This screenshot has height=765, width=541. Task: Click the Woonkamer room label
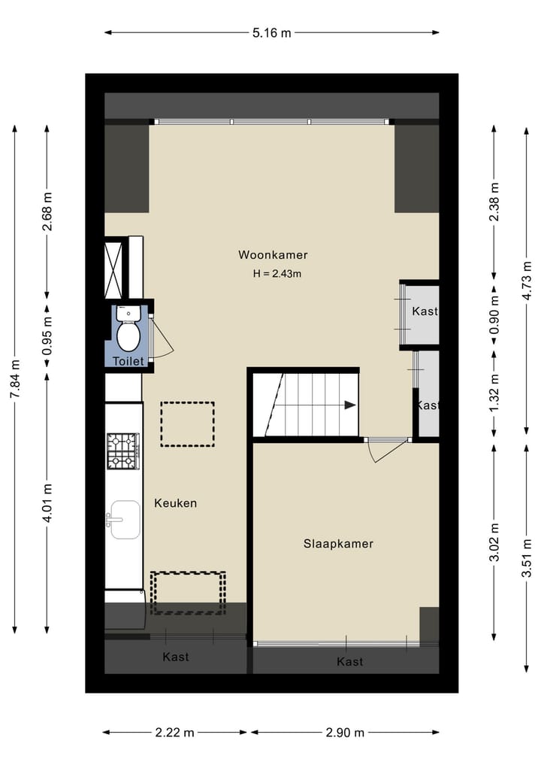click(273, 255)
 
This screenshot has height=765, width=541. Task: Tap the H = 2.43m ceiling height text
click(277, 274)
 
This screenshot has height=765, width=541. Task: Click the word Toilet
click(128, 362)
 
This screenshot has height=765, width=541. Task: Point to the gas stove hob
click(122, 451)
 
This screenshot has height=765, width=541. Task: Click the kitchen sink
click(125, 520)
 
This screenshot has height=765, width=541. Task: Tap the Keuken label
click(176, 502)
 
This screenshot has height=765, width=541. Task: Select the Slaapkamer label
click(338, 543)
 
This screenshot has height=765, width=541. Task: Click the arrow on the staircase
click(349, 405)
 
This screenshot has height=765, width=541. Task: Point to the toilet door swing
click(162, 338)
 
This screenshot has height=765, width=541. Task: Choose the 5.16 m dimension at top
click(271, 32)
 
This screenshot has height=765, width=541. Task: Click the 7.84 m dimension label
click(14, 381)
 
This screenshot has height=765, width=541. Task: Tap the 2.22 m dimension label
click(174, 732)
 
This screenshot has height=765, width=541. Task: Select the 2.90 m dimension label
click(344, 732)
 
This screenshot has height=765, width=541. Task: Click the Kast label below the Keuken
click(176, 657)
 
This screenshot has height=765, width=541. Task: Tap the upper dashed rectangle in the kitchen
click(187, 424)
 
